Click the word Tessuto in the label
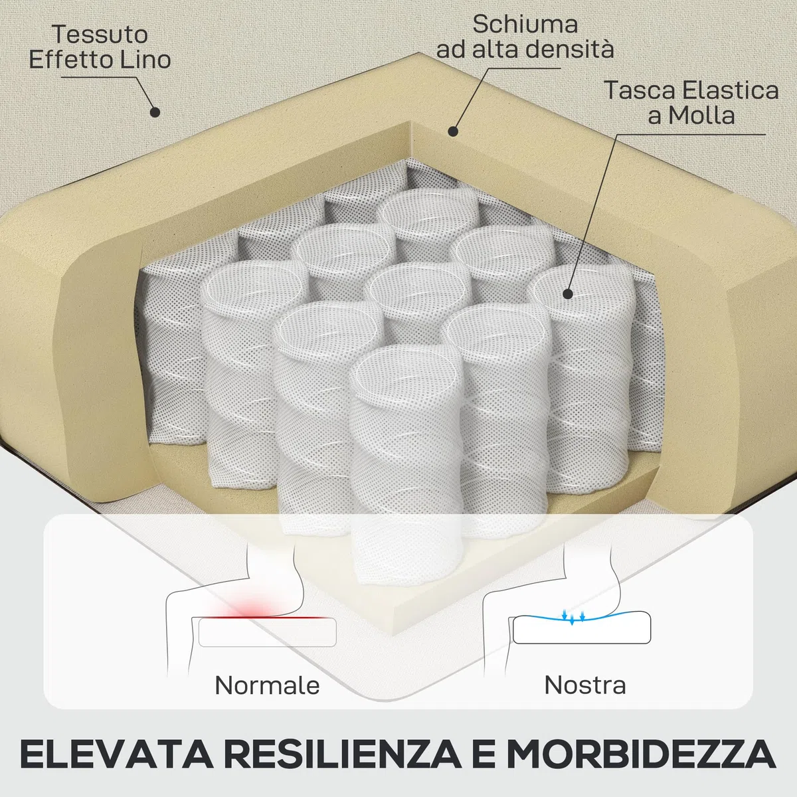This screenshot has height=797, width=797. (100, 35)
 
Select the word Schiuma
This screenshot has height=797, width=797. (525, 25)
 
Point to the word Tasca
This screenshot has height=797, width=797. (640, 90)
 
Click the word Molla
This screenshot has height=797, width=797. (701, 116)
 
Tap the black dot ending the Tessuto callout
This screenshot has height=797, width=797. (155, 112)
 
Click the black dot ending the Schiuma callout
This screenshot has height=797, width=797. (453, 132)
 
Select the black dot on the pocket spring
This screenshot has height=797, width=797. (568, 294)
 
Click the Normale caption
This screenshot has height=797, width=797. (267, 685)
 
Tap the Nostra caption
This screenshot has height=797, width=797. (585, 685)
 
